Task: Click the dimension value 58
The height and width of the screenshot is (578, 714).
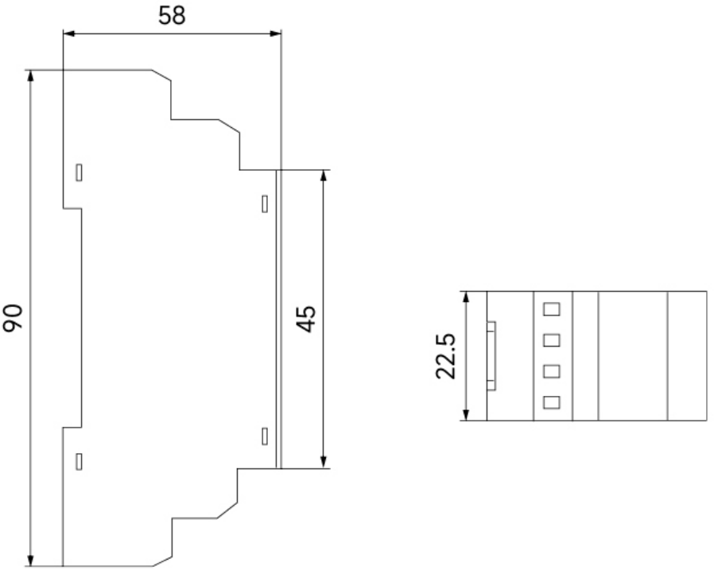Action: [172, 15]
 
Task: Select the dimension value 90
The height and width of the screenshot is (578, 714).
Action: [13, 317]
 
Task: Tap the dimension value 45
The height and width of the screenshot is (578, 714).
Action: [306, 319]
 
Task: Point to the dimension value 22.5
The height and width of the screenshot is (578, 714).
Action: [445, 356]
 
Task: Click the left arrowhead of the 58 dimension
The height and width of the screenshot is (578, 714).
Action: [68, 33]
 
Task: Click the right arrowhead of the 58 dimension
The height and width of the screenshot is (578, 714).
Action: [275, 33]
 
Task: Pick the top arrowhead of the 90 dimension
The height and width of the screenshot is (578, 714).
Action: [30, 76]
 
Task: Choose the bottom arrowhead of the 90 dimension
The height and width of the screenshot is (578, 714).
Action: [30, 561]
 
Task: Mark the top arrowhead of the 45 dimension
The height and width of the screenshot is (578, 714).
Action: [324, 176]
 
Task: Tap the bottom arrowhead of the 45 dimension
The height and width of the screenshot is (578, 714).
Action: [324, 462]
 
